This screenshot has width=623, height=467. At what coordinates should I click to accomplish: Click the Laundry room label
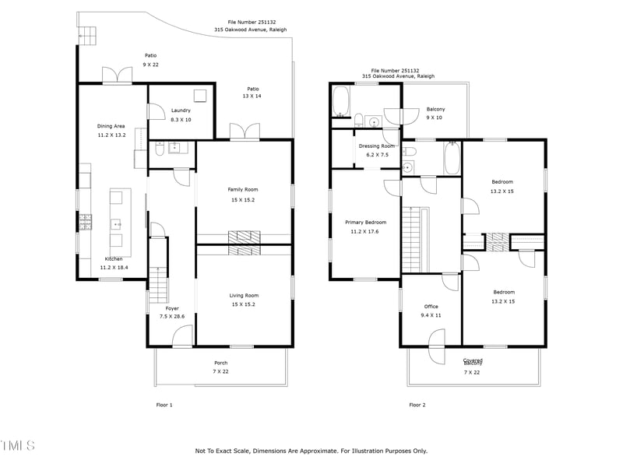tap(181, 111)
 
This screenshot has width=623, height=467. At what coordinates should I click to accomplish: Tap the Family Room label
tap(242, 189)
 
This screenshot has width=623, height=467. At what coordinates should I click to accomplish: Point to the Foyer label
tap(171, 308)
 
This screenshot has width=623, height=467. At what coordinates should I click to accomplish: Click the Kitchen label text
tap(114, 258)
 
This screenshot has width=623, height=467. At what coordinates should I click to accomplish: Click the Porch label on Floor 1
tap(221, 363)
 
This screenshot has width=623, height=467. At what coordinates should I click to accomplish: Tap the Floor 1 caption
tap(164, 405)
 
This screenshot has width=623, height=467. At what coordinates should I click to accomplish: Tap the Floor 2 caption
tap(417, 405)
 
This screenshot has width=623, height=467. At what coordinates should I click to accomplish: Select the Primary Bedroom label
tap(365, 222)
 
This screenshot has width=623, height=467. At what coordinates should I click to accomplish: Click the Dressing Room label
tap(377, 146)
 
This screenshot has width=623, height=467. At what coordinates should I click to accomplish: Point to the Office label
tap(431, 307)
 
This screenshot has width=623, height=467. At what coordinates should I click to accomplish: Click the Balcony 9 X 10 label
tap(435, 109)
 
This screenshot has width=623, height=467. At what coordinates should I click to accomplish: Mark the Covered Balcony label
tap(473, 362)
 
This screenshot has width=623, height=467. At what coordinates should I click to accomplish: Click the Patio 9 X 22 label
tap(150, 55)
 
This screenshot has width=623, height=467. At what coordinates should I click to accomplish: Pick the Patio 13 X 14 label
tap(253, 89)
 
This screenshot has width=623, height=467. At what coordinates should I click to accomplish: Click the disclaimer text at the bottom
tap(311, 451)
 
